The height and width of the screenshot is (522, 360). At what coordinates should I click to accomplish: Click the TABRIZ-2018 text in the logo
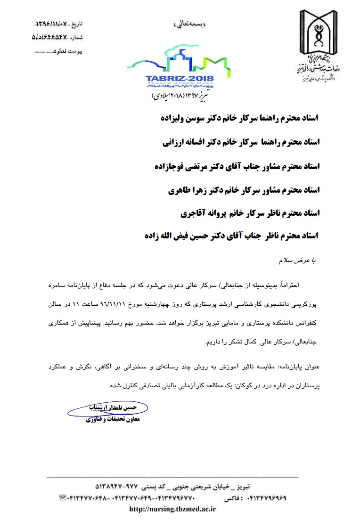[x=180, y=78]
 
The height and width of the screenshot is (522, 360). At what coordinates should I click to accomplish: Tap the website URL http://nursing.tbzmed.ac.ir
[x=172, y=508]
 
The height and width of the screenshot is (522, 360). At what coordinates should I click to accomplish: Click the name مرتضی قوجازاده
[x=177, y=166]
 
